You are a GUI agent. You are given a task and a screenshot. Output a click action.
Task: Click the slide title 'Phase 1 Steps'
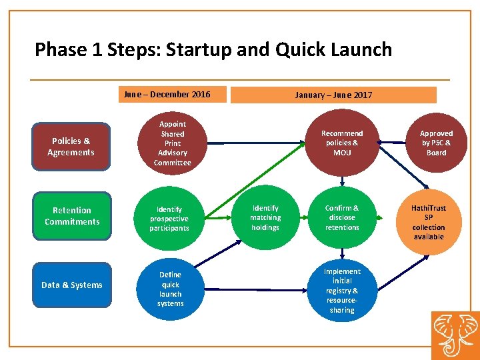click(213, 49)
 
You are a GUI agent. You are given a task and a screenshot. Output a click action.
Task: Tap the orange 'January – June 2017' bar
click(333, 95)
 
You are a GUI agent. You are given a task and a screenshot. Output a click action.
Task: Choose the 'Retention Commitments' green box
click(71, 216)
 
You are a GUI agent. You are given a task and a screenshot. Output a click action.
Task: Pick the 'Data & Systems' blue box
click(71, 285)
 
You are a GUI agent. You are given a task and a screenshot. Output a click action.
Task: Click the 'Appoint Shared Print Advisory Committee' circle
click(172, 143)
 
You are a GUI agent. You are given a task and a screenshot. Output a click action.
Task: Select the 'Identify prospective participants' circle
click(169, 219)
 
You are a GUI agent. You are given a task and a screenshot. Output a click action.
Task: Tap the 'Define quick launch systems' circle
click(170, 289)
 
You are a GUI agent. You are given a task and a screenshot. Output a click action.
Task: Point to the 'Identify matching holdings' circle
click(265, 217)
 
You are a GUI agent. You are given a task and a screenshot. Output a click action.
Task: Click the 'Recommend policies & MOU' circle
click(342, 143)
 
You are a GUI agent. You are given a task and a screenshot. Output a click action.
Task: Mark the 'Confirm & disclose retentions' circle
click(342, 217)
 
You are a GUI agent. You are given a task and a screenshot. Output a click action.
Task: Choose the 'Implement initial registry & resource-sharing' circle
click(342, 291)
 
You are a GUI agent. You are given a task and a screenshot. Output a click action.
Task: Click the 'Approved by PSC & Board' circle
click(436, 143)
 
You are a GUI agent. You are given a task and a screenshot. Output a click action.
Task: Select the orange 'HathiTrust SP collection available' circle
click(429, 222)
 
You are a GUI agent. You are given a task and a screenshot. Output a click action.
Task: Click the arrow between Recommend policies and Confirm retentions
click(342, 179)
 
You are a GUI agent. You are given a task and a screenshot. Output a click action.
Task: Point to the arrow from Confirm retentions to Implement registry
click(342, 253)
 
